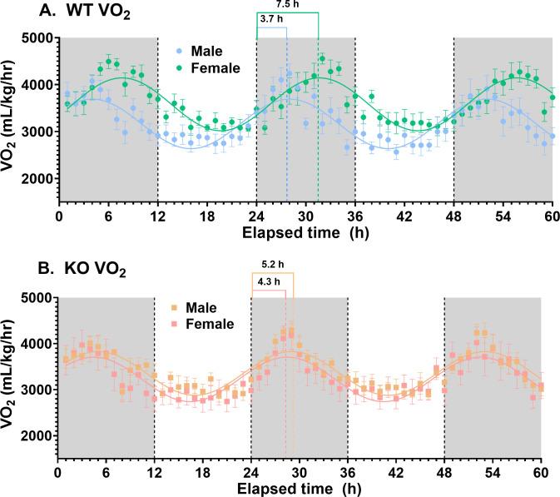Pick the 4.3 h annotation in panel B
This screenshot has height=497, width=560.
tap(269, 283)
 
